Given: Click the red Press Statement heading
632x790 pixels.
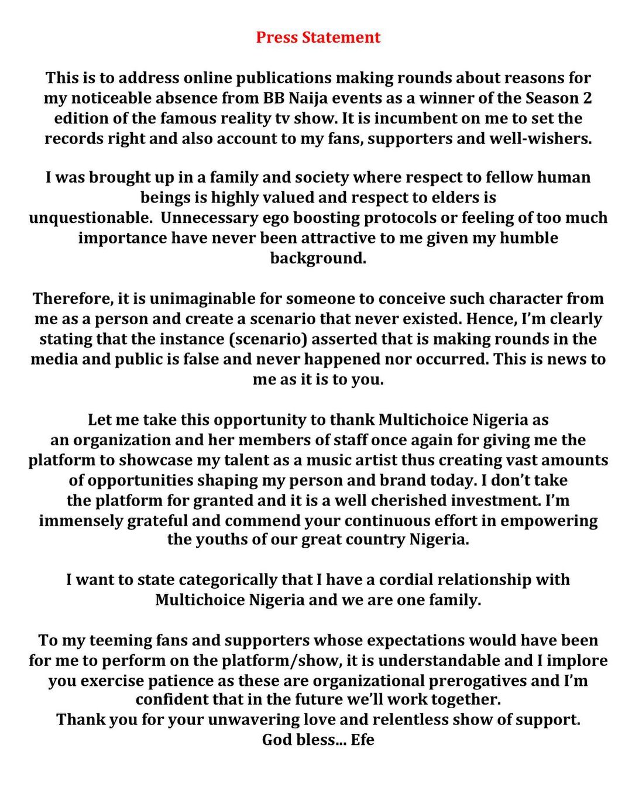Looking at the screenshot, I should [x=318, y=37].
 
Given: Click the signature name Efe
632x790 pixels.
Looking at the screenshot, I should [x=362, y=740].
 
